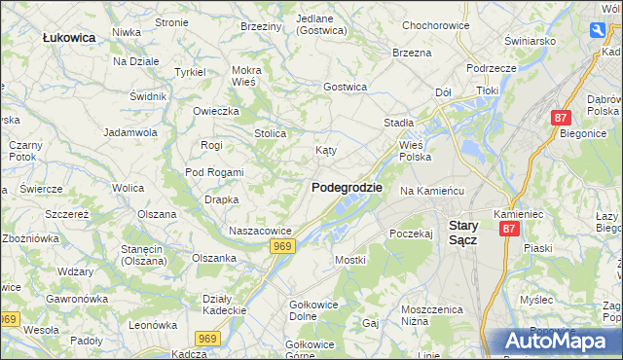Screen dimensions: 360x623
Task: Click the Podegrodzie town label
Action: (x=347, y=188)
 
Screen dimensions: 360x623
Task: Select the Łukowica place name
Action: (x=69, y=37)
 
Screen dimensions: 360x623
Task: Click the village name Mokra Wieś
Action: (x=245, y=76)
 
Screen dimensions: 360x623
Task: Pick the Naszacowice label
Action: (x=260, y=231)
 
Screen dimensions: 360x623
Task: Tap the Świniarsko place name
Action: (x=530, y=41)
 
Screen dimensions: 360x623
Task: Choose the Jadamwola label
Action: (x=130, y=131)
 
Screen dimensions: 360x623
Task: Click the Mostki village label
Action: (x=349, y=261)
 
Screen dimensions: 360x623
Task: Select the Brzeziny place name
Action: (x=260, y=26)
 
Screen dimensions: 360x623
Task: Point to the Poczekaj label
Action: (x=410, y=234)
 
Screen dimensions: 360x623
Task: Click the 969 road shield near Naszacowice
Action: (x=282, y=247)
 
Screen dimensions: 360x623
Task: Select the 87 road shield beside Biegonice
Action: (x=560, y=118)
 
